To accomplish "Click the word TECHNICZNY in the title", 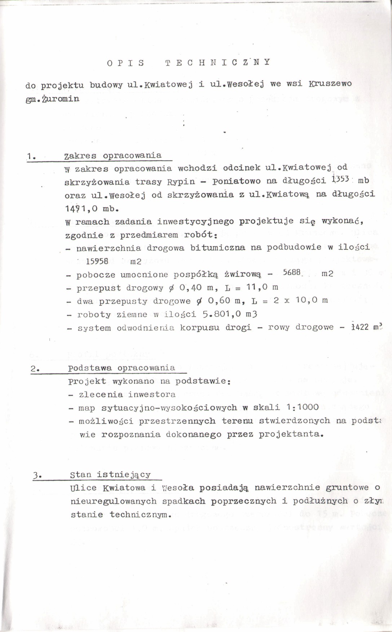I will (217, 62).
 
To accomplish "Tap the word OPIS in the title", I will (126, 63).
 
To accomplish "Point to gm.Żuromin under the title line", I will (52, 98).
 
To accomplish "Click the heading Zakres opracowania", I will (113, 156).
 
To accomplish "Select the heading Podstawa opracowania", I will (122, 368).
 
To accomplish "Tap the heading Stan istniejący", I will (110, 475).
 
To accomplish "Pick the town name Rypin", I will (181, 182).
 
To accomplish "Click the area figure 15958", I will (97, 261).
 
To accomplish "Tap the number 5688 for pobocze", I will (292, 273).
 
